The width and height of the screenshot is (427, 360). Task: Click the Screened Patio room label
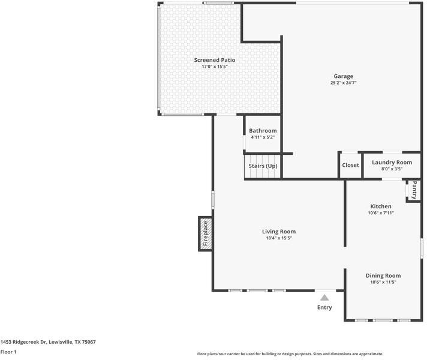(x=215, y=60)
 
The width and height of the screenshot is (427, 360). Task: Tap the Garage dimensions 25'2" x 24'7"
(x=344, y=83)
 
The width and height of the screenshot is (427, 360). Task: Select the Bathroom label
(x=263, y=131)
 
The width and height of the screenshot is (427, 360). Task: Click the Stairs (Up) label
(x=263, y=166)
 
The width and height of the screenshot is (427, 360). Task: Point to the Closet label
(x=350, y=165)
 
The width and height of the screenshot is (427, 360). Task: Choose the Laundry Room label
(x=392, y=163)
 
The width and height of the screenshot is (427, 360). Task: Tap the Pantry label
(x=414, y=190)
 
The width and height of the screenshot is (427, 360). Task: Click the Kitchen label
(x=381, y=206)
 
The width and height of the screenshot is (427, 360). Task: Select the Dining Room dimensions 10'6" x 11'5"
(x=383, y=282)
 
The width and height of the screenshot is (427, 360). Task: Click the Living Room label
(x=279, y=232)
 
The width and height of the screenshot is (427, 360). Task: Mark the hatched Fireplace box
(x=205, y=233)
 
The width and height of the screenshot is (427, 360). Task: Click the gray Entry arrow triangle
(x=324, y=298)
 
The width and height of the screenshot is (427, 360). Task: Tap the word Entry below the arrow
(x=324, y=307)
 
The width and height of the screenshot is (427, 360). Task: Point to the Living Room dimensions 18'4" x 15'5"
(x=279, y=238)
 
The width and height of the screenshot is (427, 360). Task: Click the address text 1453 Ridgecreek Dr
(x=24, y=342)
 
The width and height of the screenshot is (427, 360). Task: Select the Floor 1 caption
(x=8, y=352)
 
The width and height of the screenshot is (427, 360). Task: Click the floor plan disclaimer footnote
(x=290, y=354)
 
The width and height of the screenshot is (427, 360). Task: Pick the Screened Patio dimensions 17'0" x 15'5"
(x=215, y=67)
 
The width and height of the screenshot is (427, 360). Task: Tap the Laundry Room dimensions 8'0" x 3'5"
(x=392, y=169)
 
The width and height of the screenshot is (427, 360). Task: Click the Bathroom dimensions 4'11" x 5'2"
(x=263, y=137)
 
